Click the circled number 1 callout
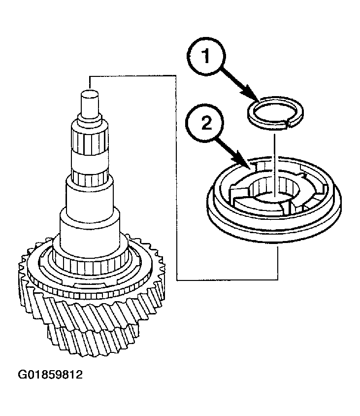(206, 56)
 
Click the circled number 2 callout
(206, 124)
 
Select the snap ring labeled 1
(275, 113)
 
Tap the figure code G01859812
(50, 375)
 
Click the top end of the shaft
(90, 92)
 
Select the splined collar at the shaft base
(90, 265)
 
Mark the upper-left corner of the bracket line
(90, 76)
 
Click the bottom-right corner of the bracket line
(278, 279)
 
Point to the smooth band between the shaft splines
(90, 162)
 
